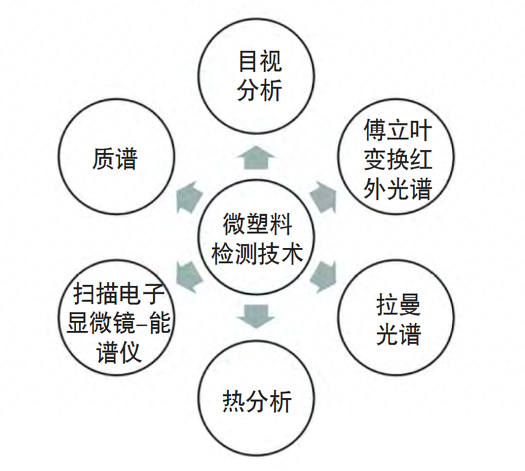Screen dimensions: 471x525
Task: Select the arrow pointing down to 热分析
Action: pyautogui.click(x=256, y=314)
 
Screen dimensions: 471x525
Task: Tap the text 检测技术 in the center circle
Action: pyautogui.click(x=256, y=253)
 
